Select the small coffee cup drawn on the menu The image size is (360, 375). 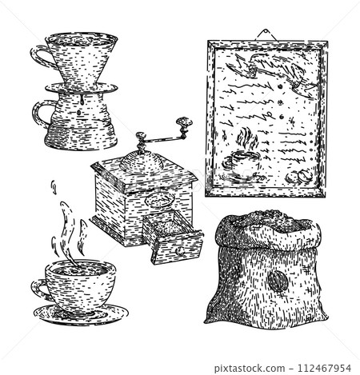pos(240,162)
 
